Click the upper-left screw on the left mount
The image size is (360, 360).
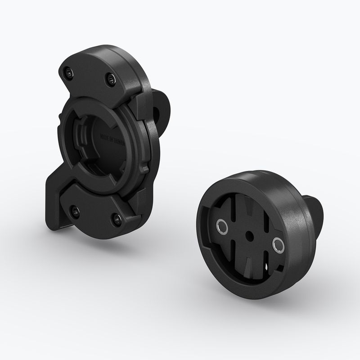click(x=67, y=72)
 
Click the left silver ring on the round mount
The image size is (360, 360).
click(x=221, y=226)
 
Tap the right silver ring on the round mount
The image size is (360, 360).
click(x=277, y=244)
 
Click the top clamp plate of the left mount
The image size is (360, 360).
click(x=90, y=72)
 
